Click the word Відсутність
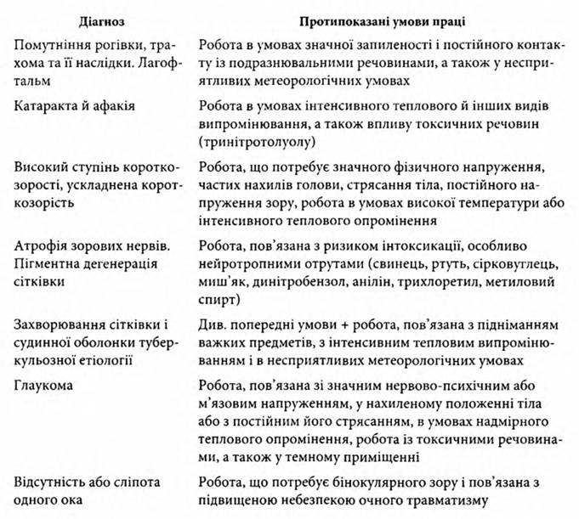click(52, 482)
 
